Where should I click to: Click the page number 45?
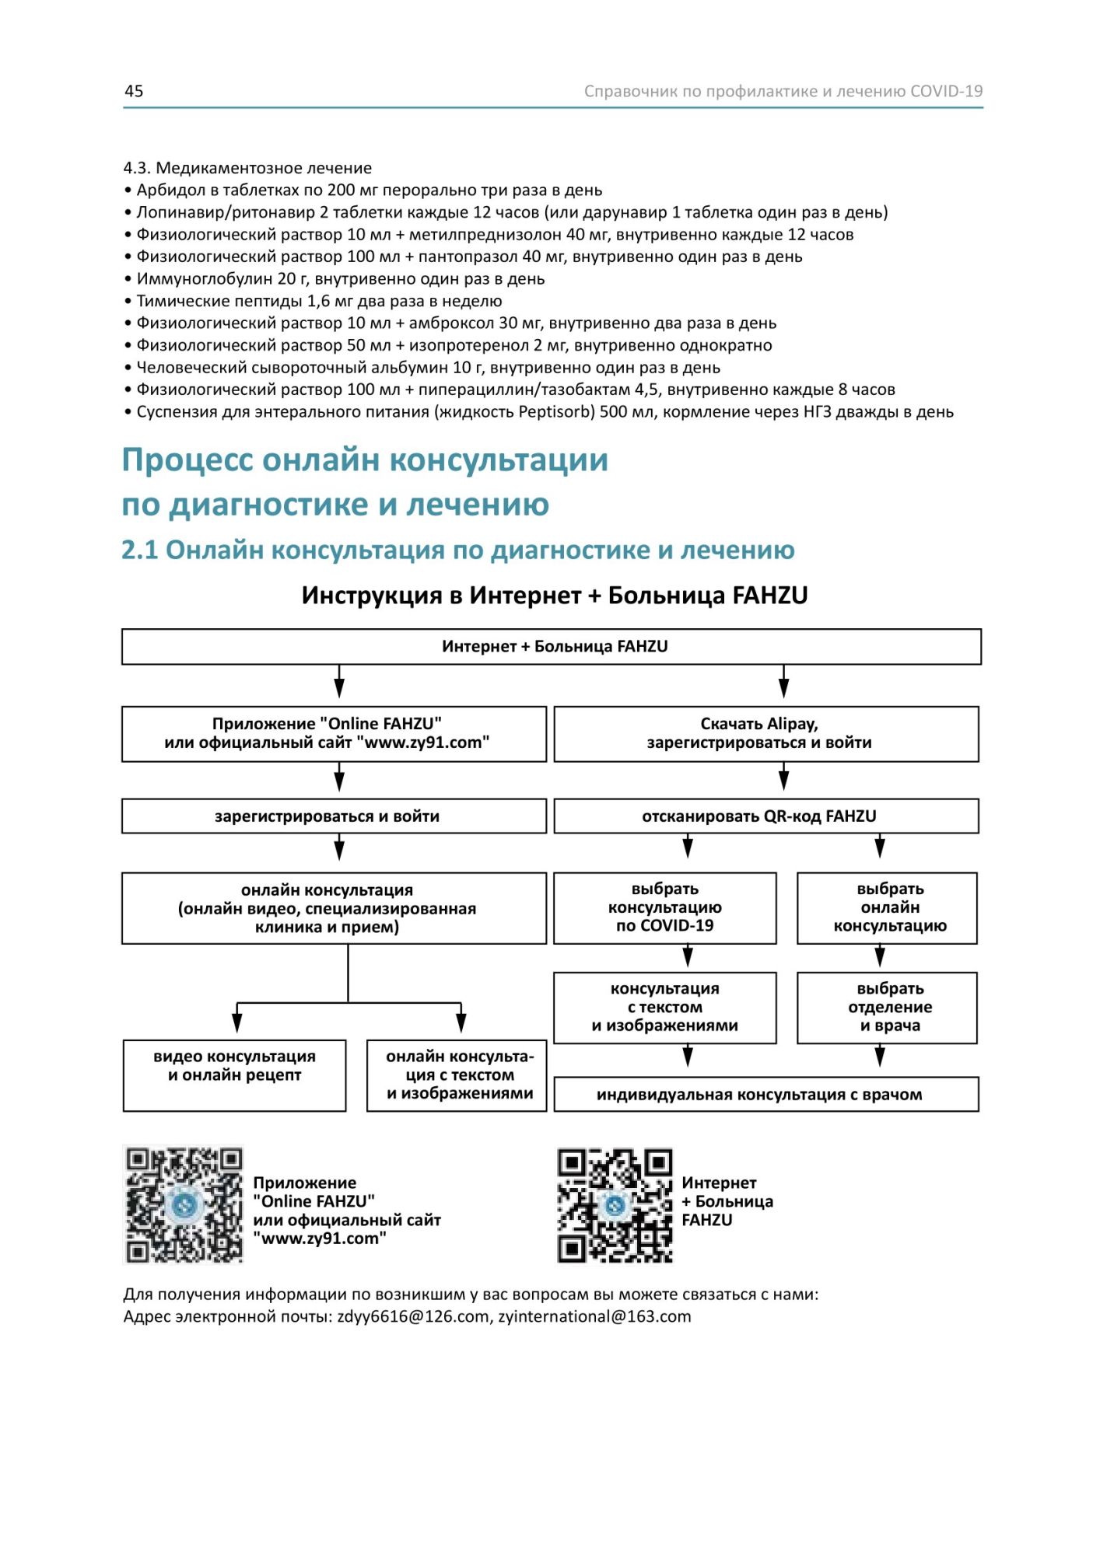point(134,91)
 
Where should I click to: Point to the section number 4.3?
point(137,168)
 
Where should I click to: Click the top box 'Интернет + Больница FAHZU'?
point(552,647)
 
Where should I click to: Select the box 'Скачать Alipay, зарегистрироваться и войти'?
point(765,734)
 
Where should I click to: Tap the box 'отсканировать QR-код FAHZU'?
point(765,816)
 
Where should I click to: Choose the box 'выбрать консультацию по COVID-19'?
point(664,907)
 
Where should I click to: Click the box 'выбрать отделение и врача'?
point(887,1008)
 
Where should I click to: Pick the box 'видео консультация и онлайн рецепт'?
point(234,1075)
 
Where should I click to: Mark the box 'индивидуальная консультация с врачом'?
point(765,1095)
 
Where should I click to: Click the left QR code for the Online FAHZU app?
point(184,1204)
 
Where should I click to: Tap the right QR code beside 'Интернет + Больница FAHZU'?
point(615,1205)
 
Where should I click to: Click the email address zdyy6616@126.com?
point(414,1316)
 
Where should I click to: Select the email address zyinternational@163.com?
point(594,1316)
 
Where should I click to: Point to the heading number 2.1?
point(139,550)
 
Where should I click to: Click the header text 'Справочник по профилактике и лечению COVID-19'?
point(783,91)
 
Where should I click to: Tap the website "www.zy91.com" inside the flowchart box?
point(423,743)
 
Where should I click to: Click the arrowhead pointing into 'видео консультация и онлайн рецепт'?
point(237,1025)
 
